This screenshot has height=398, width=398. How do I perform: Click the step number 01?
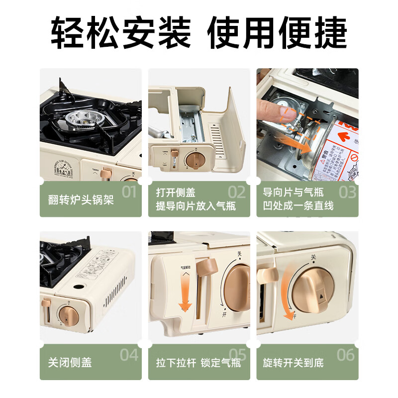(128, 192)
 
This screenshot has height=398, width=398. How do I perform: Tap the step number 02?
(237, 192)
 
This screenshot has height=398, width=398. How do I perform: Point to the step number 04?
(129, 355)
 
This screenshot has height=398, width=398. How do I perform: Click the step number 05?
(237, 355)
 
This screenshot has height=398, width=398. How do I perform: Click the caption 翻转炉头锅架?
(78, 200)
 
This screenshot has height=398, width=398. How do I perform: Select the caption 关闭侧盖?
(70, 363)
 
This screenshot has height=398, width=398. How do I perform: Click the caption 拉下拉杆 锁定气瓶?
(198, 363)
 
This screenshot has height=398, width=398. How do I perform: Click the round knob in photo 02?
(195, 160)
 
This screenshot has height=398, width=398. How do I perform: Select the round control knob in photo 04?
(67, 314)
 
